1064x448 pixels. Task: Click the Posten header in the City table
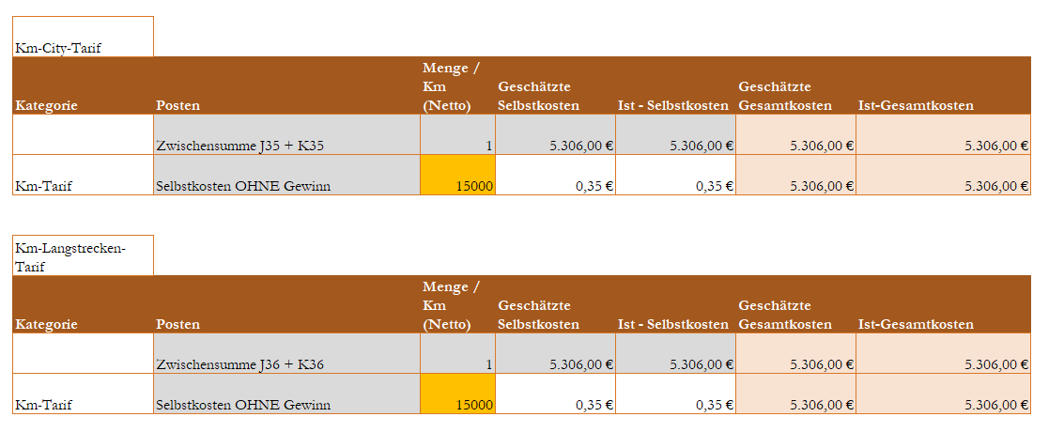coord(178,105)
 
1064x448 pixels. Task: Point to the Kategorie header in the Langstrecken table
coord(46,324)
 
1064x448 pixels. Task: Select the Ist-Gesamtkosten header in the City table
coord(916,105)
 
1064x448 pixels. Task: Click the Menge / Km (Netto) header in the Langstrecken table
coord(452,305)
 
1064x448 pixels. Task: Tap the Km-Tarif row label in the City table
coord(44,186)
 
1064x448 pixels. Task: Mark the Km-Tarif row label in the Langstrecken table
coord(44,405)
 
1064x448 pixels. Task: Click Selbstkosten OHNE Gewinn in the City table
coord(243,186)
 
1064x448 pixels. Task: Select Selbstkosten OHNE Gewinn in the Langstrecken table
coord(243,405)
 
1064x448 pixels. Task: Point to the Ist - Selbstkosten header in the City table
coord(673,105)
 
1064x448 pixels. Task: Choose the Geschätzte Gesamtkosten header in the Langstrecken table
coord(785,315)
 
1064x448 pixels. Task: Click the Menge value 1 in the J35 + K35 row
coord(488,146)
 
